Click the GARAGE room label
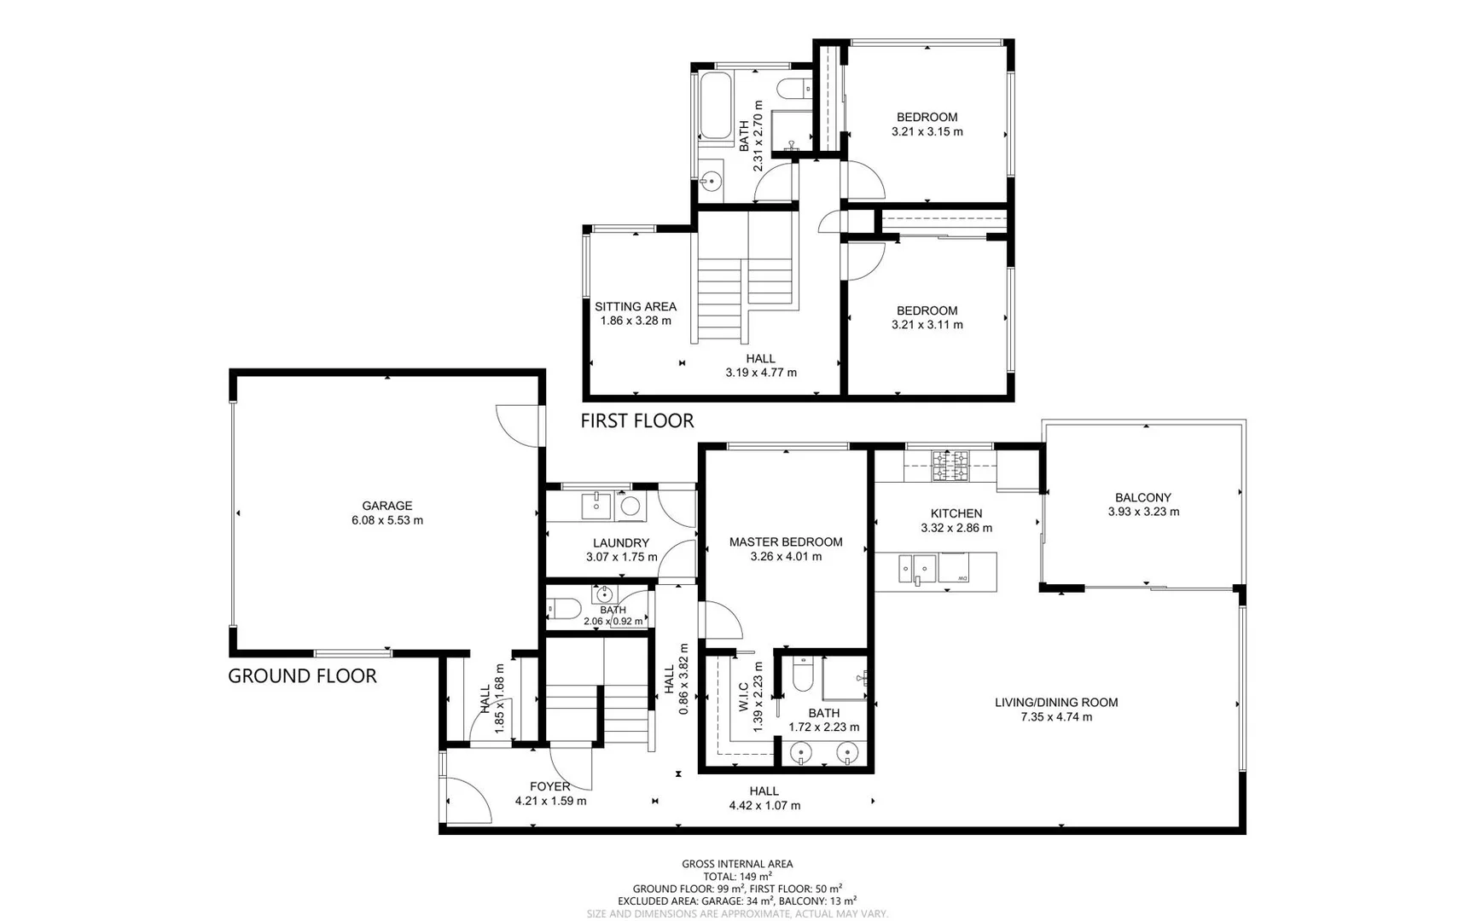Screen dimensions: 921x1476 [x=386, y=506]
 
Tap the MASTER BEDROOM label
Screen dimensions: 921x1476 [x=785, y=542]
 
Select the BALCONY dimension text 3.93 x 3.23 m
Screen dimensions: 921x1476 [x=1143, y=513]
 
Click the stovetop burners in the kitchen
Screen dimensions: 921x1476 [x=950, y=465]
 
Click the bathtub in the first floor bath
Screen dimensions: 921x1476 [x=714, y=106]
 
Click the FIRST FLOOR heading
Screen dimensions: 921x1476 [x=636, y=420]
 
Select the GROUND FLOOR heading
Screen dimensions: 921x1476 [x=302, y=676]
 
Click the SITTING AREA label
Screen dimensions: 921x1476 [x=636, y=306]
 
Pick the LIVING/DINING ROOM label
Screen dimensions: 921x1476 [x=1055, y=703]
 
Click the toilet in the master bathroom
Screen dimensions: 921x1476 [x=803, y=675]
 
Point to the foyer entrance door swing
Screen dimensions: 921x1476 [x=468, y=800]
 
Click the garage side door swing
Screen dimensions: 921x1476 [x=517, y=423]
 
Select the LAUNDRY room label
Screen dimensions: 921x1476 [x=621, y=542]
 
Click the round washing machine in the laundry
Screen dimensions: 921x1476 [x=630, y=507]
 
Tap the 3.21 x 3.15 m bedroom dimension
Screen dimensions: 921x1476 [x=927, y=132]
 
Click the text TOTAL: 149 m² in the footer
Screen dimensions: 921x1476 [x=737, y=877]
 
